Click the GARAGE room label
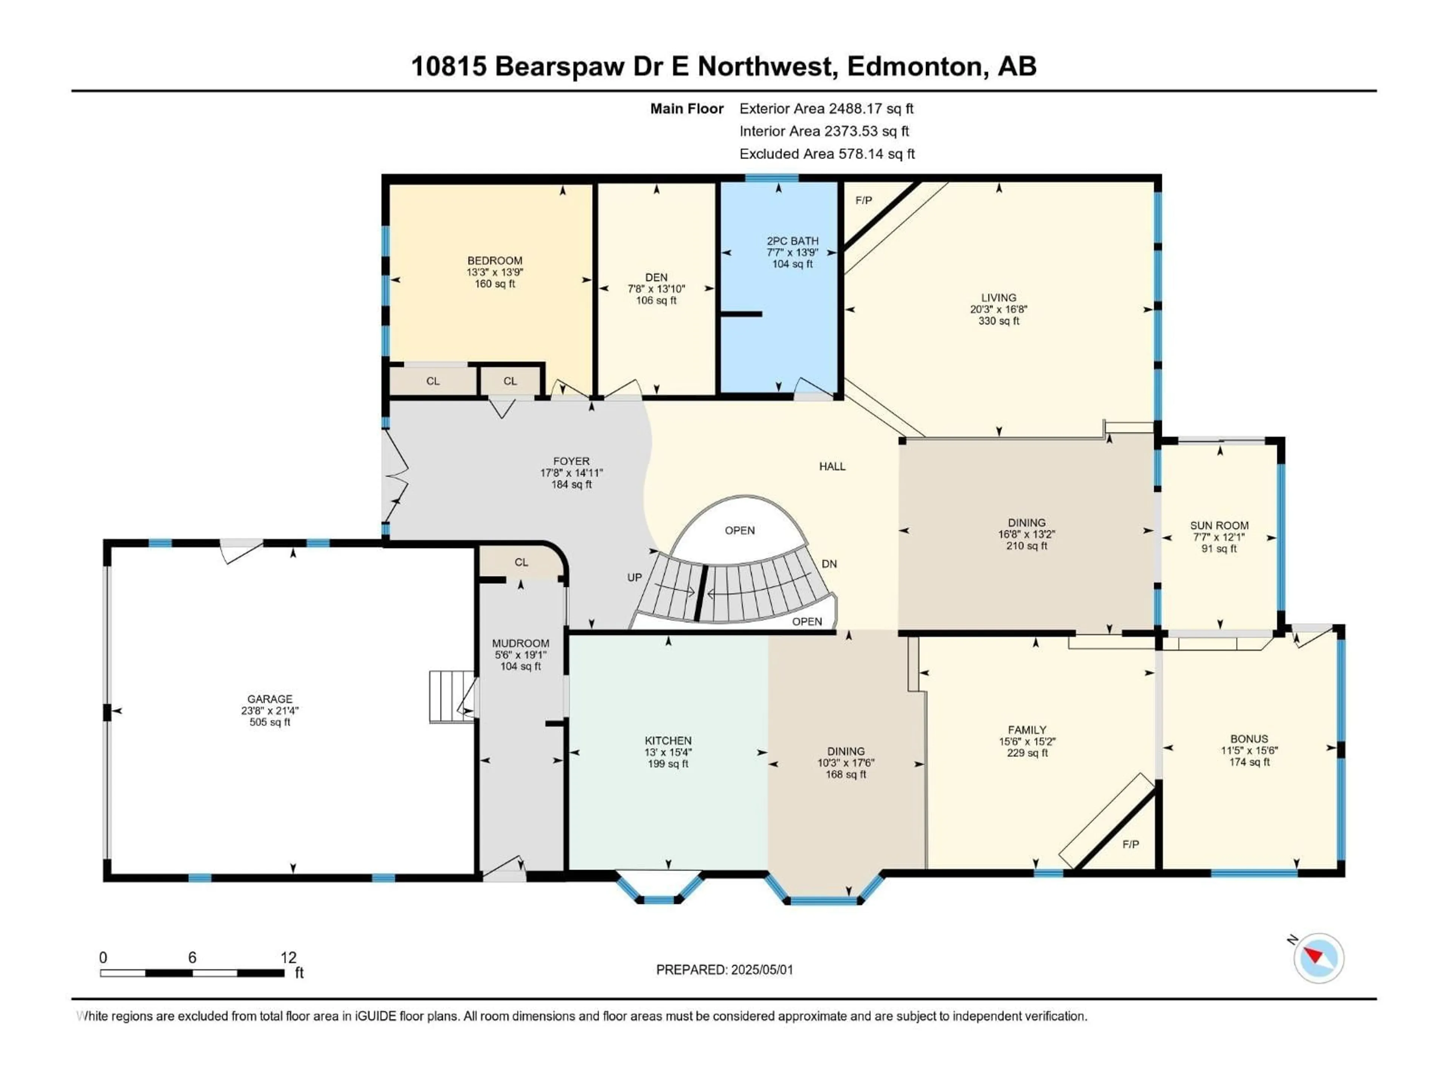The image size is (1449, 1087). tap(270, 699)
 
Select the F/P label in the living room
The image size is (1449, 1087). tap(863, 200)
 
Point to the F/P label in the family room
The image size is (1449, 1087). tap(1130, 845)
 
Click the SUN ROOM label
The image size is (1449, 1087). tap(1219, 525)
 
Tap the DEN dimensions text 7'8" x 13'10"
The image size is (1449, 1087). tap(656, 289)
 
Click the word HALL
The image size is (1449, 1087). tap(832, 467)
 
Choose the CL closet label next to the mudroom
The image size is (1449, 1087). tap(521, 562)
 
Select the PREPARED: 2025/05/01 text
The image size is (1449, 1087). tap(724, 970)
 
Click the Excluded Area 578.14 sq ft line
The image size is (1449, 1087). tap(827, 154)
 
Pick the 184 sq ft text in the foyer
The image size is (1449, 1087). tap(571, 485)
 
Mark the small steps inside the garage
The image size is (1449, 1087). tap(451, 696)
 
